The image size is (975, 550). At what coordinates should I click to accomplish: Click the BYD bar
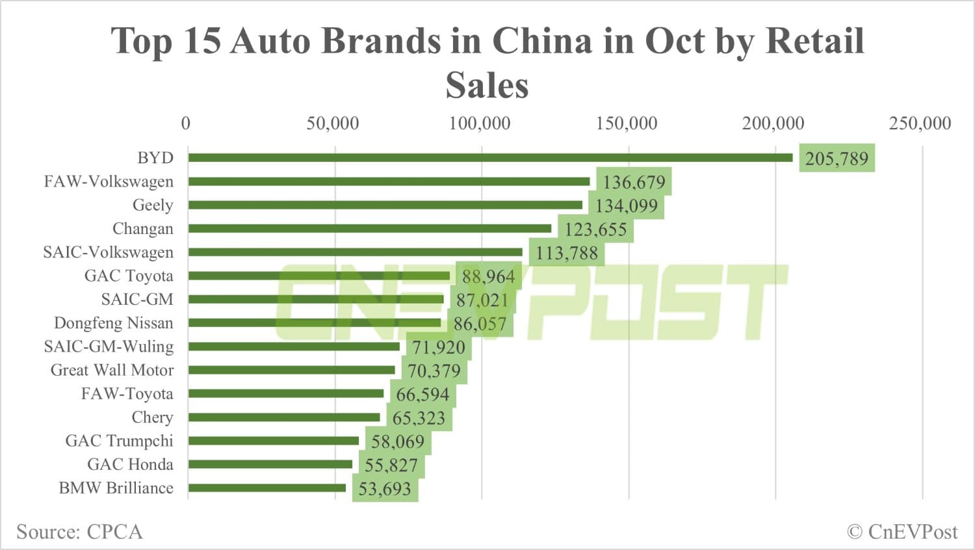tap(491, 157)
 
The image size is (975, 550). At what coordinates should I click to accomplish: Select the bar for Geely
tap(385, 205)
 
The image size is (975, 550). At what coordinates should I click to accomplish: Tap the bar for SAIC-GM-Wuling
tap(294, 347)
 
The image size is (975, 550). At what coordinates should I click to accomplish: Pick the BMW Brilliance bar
tap(267, 488)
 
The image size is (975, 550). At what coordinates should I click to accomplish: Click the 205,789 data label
tap(837, 159)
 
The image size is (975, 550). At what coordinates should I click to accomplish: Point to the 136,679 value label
tap(634, 182)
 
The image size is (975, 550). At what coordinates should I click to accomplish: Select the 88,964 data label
tap(488, 277)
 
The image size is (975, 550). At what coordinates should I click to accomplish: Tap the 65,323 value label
tap(419, 418)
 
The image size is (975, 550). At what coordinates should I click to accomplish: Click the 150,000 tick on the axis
tap(627, 124)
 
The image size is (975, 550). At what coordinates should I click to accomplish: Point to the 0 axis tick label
tap(186, 124)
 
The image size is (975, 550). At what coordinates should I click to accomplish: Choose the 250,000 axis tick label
tap(920, 124)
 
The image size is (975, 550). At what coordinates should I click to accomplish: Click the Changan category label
tap(143, 229)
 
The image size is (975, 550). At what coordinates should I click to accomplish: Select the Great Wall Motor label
tap(112, 370)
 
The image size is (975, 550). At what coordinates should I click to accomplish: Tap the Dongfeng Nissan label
tap(114, 323)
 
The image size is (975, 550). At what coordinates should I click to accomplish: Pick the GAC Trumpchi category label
tap(120, 441)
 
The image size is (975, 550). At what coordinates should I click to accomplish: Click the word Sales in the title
tap(487, 85)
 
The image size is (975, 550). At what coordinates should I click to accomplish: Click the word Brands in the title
tap(380, 41)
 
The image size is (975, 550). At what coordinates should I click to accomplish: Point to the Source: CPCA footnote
tap(79, 532)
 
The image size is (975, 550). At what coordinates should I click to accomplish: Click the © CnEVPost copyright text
tap(902, 532)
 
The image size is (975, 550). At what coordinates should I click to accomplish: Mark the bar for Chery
tap(284, 417)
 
